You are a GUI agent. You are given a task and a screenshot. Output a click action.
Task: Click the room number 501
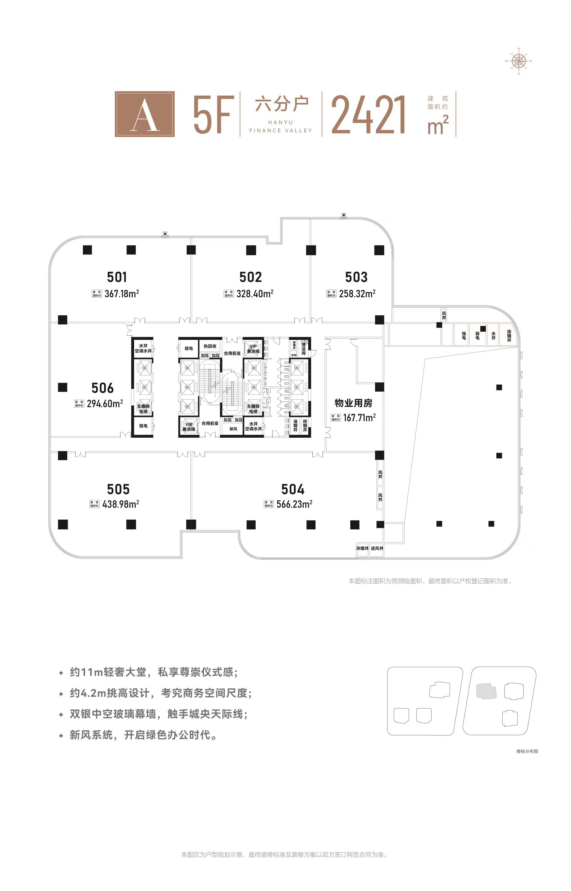pyautogui.click(x=117, y=277)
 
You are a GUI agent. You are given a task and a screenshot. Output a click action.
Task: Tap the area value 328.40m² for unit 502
pyautogui.click(x=255, y=294)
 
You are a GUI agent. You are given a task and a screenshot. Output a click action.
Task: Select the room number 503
pyautogui.click(x=356, y=277)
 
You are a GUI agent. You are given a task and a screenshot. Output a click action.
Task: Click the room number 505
pyautogui.click(x=118, y=489)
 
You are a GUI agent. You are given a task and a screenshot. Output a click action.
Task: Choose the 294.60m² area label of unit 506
pyautogui.click(x=105, y=404)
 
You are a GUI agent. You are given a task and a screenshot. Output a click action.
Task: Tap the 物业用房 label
pyautogui.click(x=353, y=403)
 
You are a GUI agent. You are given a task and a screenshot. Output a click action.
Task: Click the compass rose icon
pyautogui.click(x=518, y=61)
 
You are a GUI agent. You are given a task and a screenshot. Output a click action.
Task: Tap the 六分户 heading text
pyautogui.click(x=281, y=104)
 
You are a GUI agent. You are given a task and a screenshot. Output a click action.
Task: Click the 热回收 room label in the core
pyautogui.click(x=210, y=346)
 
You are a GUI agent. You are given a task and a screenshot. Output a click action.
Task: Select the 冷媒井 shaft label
pyautogui.click(x=362, y=548)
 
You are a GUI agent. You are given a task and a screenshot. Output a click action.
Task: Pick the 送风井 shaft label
pyautogui.click(x=377, y=548)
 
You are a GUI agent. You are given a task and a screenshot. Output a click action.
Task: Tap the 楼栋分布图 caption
pyautogui.click(x=527, y=751)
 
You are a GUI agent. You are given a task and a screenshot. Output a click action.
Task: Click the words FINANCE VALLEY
pyautogui.click(x=281, y=130)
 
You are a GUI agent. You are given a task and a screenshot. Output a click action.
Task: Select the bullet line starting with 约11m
pyautogui.click(x=154, y=672)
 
